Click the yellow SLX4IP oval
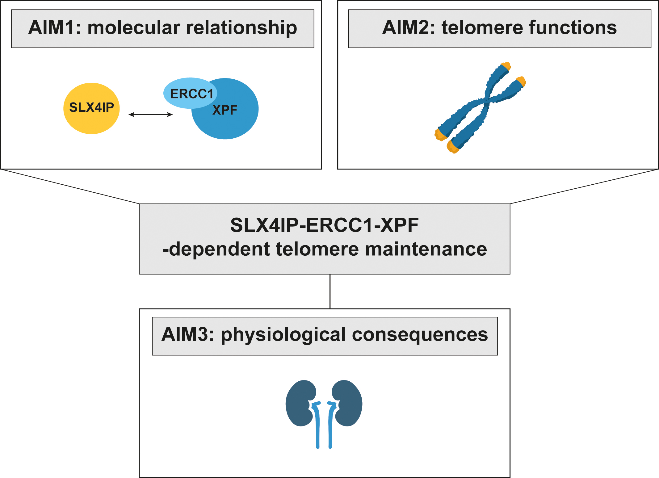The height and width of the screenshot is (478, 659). click(x=91, y=108)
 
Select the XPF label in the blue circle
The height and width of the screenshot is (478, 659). click(x=225, y=110)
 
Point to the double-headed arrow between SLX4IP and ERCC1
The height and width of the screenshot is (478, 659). click(x=151, y=115)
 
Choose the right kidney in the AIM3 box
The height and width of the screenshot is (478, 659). click(x=348, y=403)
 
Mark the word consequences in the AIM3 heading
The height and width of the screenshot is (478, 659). click(x=420, y=334)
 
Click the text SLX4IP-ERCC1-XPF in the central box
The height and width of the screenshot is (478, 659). click(x=324, y=225)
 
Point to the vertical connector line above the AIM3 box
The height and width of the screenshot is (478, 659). click(x=330, y=291)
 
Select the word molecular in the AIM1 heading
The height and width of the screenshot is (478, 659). click(x=133, y=27)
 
